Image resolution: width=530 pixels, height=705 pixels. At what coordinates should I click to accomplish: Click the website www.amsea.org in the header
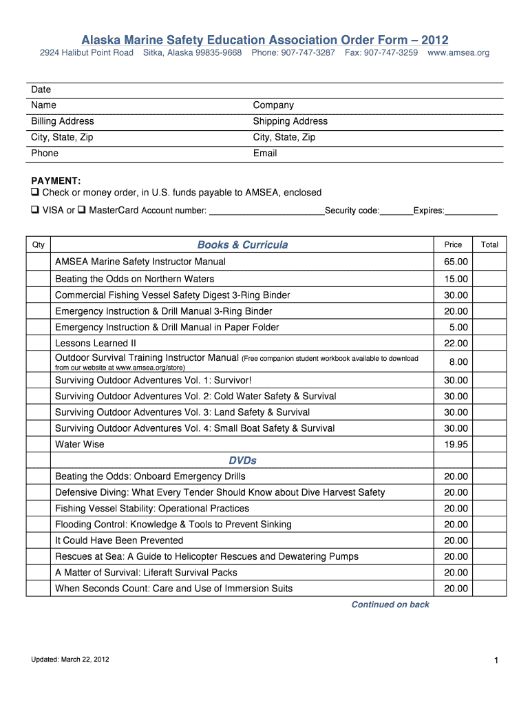458,53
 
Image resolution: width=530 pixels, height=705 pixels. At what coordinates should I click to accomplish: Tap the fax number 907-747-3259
381,53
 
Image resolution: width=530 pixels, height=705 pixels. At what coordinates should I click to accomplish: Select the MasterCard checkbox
81,210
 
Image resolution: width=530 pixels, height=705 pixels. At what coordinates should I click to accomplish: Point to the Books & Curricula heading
242,245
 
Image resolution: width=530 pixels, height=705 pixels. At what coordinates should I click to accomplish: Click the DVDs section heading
242,461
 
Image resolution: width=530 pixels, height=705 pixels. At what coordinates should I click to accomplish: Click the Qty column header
39,245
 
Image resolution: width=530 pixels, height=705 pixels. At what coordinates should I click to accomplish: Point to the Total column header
489,245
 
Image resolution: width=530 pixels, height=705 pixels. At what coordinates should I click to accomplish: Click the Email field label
265,154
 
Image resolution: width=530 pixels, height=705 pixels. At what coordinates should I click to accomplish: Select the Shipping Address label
290,121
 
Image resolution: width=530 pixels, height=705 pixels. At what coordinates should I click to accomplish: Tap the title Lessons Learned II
96,344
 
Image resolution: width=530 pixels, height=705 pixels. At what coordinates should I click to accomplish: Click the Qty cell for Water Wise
39,445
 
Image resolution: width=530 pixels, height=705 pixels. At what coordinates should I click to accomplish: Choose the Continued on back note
390,604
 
